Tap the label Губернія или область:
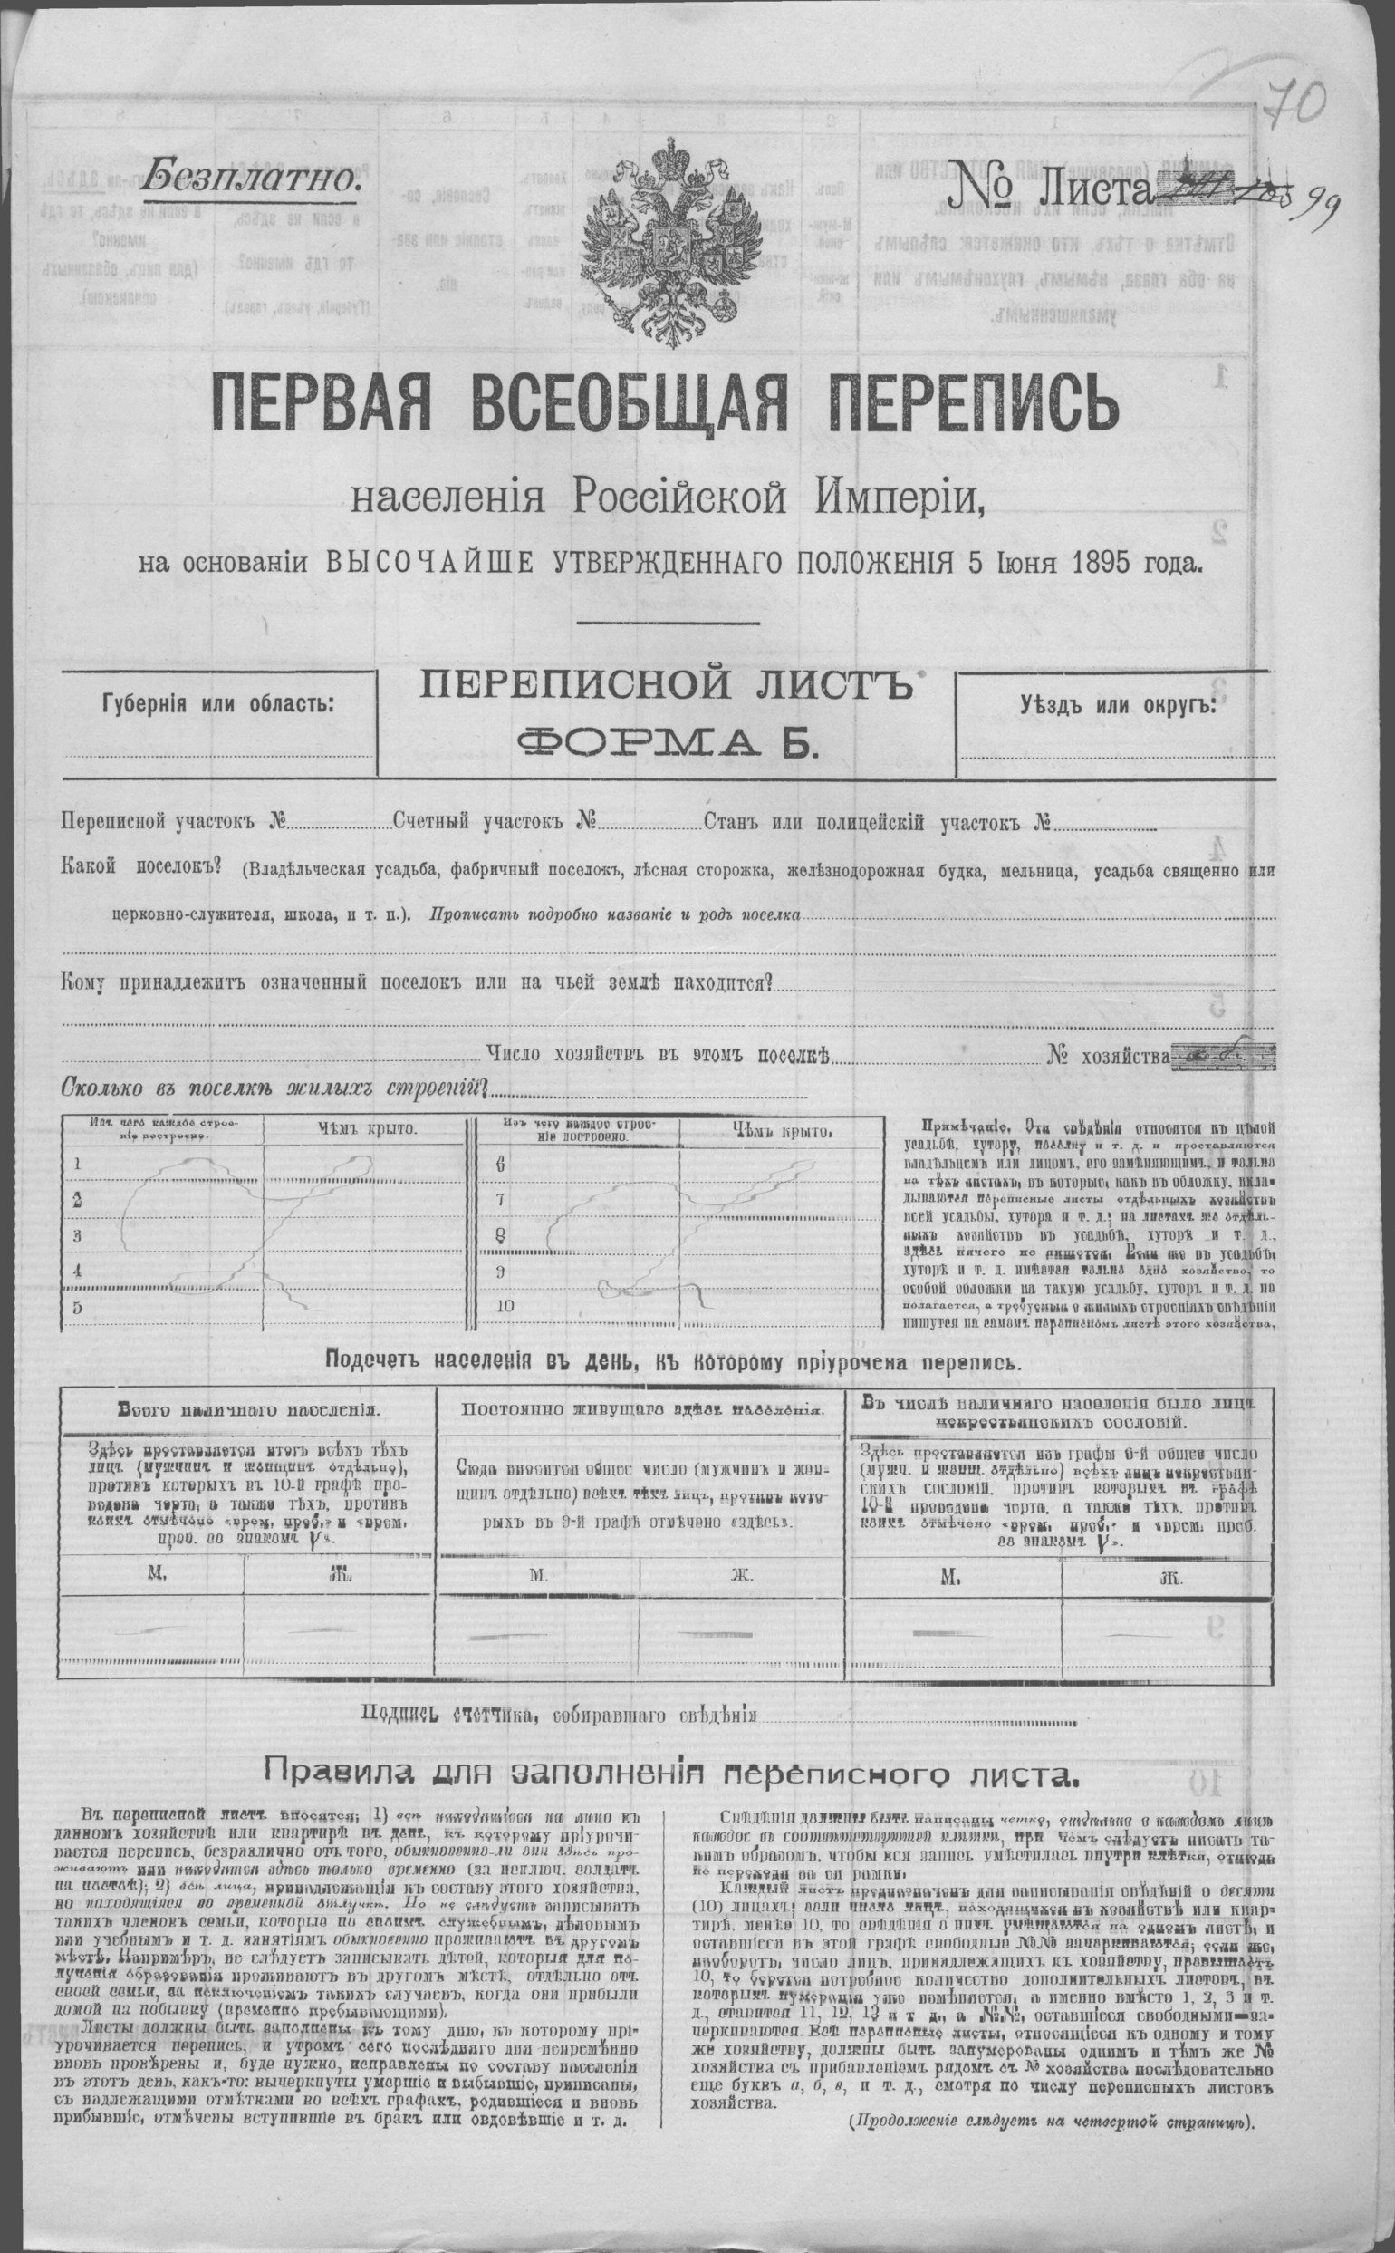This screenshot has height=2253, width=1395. click(x=218, y=705)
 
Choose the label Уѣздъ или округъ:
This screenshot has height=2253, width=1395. click(x=1117, y=705)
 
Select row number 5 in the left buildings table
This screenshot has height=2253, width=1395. click(x=78, y=1307)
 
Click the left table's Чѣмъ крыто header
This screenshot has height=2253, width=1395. click(x=367, y=1128)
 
